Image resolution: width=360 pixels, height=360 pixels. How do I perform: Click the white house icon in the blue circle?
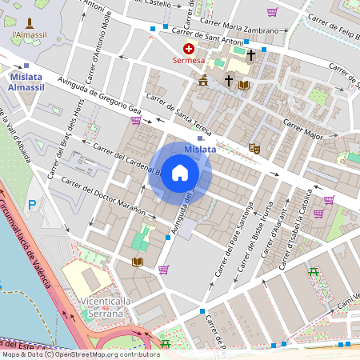[180, 173]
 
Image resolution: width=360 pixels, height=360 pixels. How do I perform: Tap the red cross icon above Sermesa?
[188, 49]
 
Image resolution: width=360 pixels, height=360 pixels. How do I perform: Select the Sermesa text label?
[188, 60]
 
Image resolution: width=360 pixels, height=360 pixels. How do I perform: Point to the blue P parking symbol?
[32, 205]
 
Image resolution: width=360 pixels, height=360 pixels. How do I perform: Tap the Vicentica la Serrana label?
[106, 308]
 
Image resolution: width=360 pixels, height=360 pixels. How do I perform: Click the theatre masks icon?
[254, 147]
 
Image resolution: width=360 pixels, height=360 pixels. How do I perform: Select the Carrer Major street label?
[302, 130]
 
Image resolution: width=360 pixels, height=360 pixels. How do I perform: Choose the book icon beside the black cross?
[244, 84]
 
